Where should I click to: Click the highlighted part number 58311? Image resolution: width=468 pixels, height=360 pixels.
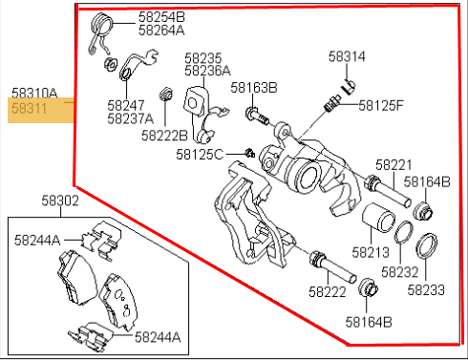pyautogui.click(x=30, y=109)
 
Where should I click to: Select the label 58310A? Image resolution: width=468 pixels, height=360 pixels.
pyautogui.click(x=34, y=94)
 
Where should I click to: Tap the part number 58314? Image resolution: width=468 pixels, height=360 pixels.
pyautogui.click(x=347, y=56)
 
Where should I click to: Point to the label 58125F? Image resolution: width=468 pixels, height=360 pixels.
pyautogui.click(x=381, y=105)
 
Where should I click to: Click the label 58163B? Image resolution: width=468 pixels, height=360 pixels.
pyautogui.click(x=254, y=88)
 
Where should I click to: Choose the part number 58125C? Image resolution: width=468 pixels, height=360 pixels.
pyautogui.click(x=200, y=155)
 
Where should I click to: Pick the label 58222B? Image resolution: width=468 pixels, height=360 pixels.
pyautogui.click(x=164, y=136)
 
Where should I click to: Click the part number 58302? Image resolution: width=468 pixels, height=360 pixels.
pyautogui.click(x=60, y=201)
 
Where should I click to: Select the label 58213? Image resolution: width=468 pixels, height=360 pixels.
pyautogui.click(x=371, y=252)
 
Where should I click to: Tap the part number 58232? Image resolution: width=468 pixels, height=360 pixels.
pyautogui.click(x=400, y=272)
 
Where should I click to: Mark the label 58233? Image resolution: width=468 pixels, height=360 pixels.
pyautogui.click(x=426, y=290)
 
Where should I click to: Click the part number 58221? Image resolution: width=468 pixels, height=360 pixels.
pyautogui.click(x=394, y=165)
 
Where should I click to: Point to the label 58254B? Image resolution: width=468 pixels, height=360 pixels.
pyautogui.click(x=161, y=17)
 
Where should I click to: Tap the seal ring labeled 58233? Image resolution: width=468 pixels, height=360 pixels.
pyautogui.click(x=427, y=246)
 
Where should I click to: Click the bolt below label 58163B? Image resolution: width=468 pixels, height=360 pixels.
pyautogui.click(x=257, y=116)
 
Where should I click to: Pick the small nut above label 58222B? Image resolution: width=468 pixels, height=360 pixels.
pyautogui.click(x=166, y=94)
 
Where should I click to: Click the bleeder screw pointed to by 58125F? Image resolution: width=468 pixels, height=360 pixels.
pyautogui.click(x=332, y=104)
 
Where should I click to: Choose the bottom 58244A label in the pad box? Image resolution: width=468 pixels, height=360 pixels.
pyautogui.click(x=158, y=337)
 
